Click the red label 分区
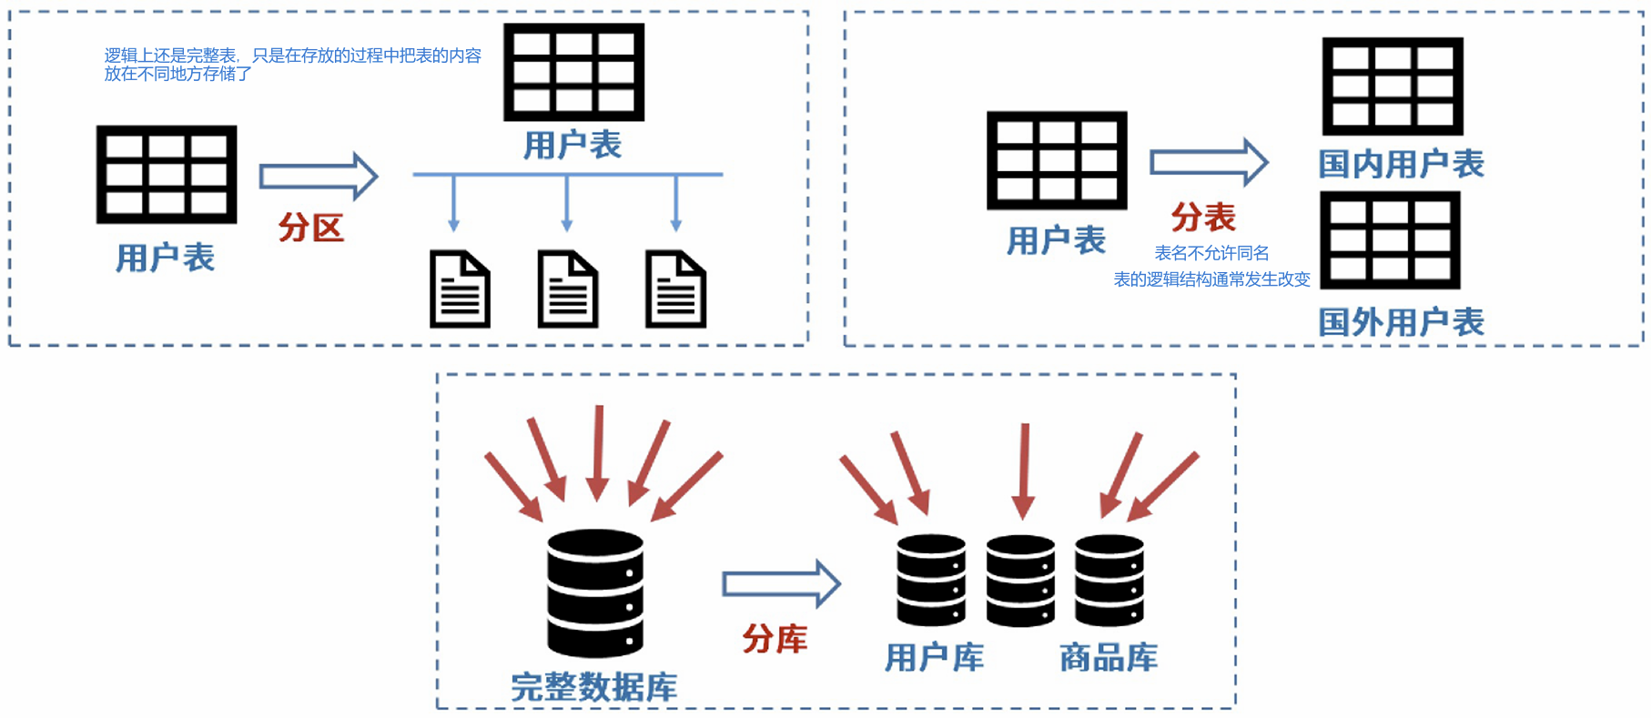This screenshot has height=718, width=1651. [x=311, y=228]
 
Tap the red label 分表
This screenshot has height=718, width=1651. [x=1203, y=217]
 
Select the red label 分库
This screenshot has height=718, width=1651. [x=775, y=639]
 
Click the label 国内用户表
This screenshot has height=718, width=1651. [x=1402, y=164]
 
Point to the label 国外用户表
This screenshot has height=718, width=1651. [x=1402, y=322]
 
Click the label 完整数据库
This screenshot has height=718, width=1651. [x=594, y=687]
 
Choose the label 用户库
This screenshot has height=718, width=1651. [x=935, y=657]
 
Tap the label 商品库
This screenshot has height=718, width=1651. [x=1109, y=657]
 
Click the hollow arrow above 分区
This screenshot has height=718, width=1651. [x=319, y=176]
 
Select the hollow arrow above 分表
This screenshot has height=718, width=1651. [x=1209, y=163]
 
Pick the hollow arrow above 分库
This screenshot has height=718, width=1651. [x=781, y=583]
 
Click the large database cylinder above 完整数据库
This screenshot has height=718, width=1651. [x=595, y=593]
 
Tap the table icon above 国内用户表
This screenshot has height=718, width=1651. [x=1393, y=86]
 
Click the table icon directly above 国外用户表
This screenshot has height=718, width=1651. [x=1390, y=240]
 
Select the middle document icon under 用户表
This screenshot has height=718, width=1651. [x=568, y=289]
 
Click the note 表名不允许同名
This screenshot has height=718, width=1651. [x=1211, y=253]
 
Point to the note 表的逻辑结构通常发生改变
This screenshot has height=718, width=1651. [x=1211, y=279]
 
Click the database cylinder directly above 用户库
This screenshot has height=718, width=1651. [x=931, y=580]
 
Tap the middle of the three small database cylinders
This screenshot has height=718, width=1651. [x=1020, y=581]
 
